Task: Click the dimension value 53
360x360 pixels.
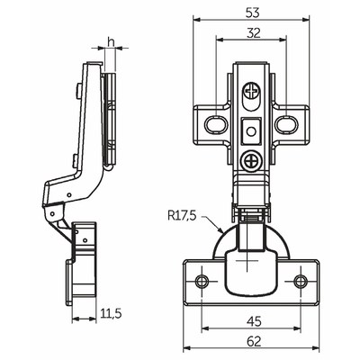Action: [x=252, y=13]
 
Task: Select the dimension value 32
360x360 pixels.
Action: [x=253, y=33]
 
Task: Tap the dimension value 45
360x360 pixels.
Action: [x=254, y=321]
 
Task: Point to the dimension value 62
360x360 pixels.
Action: [x=254, y=341]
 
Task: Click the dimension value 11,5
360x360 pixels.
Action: [x=111, y=314]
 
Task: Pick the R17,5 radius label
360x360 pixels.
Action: [x=183, y=216]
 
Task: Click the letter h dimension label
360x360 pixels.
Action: [x=111, y=42]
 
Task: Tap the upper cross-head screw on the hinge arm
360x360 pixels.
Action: [x=251, y=90]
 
